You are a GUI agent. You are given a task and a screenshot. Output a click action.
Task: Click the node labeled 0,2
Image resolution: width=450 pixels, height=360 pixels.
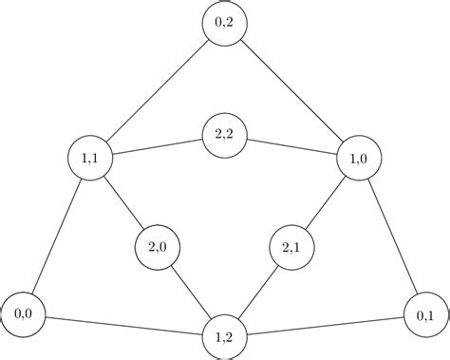pos(225,26)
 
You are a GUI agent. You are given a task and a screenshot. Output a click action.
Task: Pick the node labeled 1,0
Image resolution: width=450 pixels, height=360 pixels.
pos(359,159)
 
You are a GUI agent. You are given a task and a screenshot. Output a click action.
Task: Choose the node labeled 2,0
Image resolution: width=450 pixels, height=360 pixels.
pos(158,248)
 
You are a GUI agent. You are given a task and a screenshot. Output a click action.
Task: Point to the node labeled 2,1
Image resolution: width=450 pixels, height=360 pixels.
pos(291,248)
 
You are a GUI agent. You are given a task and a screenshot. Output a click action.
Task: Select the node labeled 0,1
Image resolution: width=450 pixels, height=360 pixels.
pos(426,313)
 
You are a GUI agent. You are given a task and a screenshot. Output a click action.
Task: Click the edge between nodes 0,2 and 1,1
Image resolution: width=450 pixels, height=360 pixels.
pos(158,92)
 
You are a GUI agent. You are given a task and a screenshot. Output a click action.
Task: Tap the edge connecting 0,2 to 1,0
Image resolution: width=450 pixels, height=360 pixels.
pos(292,92)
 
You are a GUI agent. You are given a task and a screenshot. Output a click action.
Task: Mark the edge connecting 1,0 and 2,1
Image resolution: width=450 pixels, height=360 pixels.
pos(326,203)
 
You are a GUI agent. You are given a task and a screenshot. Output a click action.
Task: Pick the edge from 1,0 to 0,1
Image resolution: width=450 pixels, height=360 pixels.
pos(392,236)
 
